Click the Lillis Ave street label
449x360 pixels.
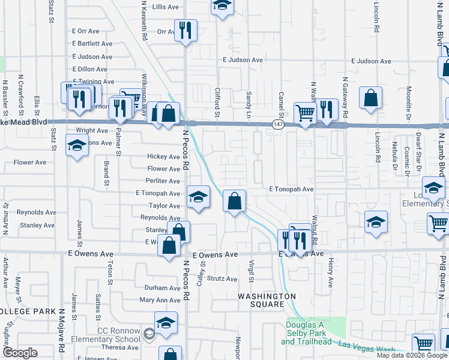coord(166,7)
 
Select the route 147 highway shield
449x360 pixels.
coord(277,124)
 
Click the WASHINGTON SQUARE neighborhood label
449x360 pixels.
coord(267,300)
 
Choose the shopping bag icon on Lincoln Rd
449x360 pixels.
coord(371,97)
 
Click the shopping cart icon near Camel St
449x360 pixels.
coord(305,112)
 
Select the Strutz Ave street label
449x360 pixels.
coord(222,278)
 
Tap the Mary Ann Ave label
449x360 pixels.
coord(160,300)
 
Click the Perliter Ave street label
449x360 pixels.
coord(163,181)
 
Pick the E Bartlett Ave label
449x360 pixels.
coord(92,44)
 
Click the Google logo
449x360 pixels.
coord(20,353)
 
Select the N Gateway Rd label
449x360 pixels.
coord(345,96)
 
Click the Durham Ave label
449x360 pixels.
coord(162,288)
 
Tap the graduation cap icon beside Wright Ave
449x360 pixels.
coord(77,146)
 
